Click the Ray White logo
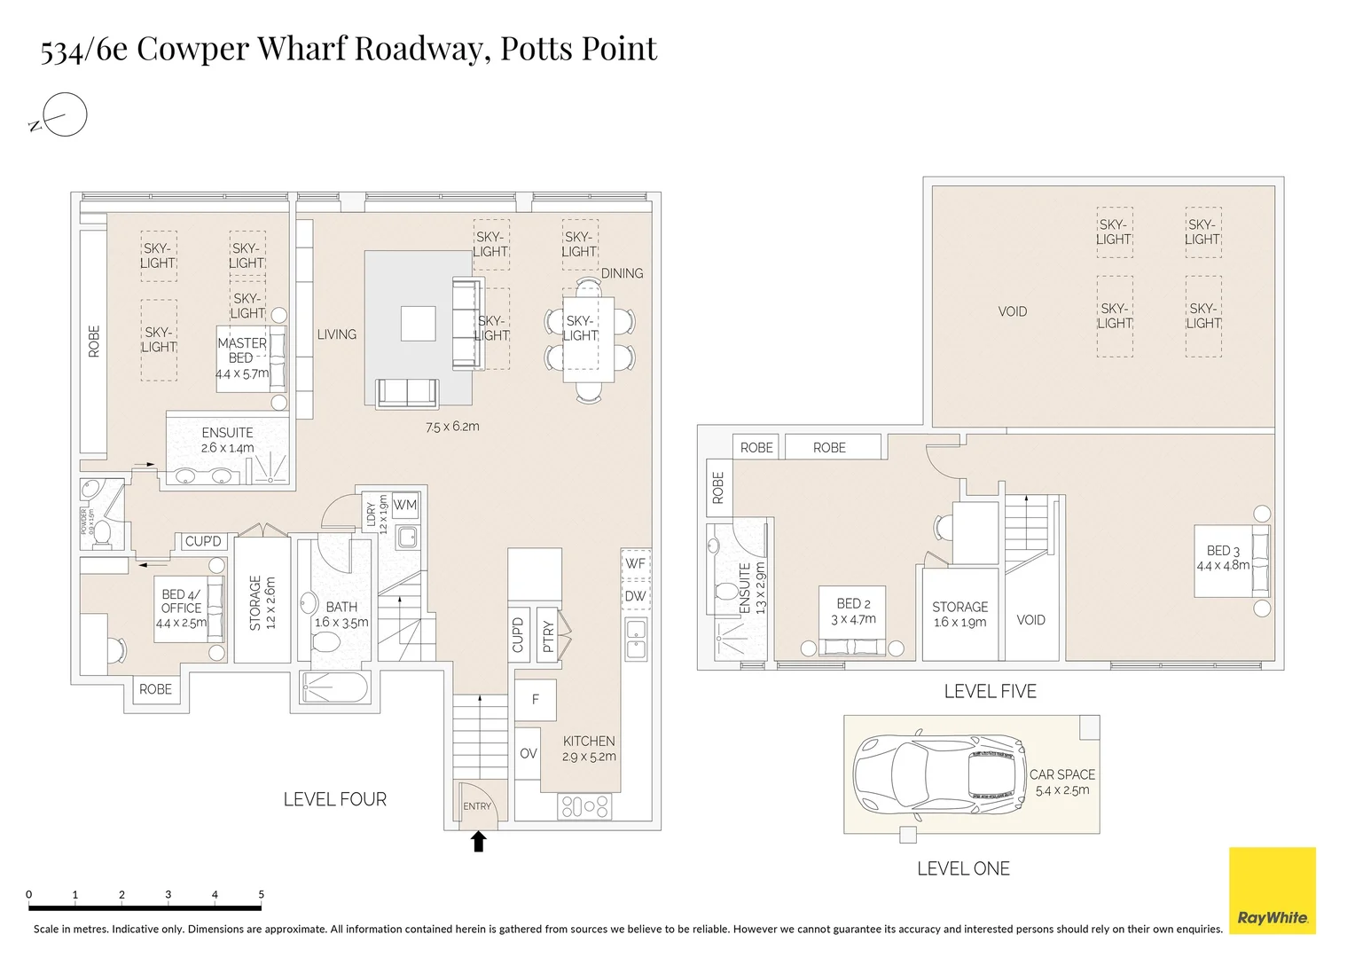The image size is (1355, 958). [1272, 890]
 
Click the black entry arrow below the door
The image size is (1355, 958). [478, 841]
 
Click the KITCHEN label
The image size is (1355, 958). [589, 741]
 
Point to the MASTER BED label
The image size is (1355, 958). [241, 350]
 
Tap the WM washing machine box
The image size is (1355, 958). [405, 506]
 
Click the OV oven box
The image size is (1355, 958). [529, 753]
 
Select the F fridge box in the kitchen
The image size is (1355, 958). [536, 700]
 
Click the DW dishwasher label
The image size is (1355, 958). [635, 596]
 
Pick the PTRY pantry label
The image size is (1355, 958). [548, 635]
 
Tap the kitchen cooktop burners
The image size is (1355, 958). [584, 806]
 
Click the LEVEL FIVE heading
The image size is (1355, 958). [990, 691]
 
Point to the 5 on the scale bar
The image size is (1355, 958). [261, 894]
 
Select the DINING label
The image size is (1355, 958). [622, 273]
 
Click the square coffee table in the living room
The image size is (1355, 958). [418, 324]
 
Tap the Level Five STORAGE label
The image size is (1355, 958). [959, 607]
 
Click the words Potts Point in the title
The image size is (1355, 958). [578, 49]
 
